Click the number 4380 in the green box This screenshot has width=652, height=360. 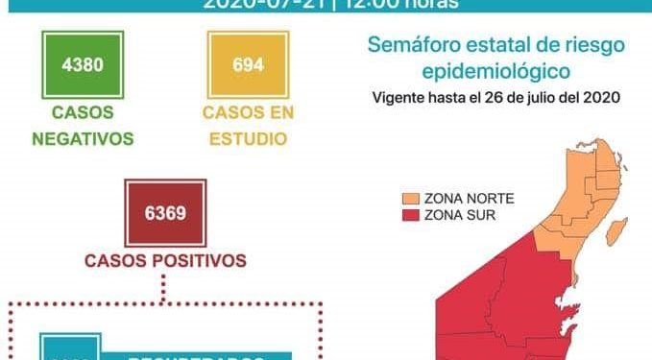tap(83, 66)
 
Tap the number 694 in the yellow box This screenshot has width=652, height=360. tap(248, 66)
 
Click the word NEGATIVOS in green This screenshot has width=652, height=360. tap(83, 137)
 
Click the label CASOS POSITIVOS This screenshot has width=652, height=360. tap(165, 259)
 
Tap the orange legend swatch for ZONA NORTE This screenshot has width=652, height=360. tap(410, 199)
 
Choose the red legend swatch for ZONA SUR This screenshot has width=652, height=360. tap(410, 215)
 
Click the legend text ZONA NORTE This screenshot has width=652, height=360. tap(470, 199)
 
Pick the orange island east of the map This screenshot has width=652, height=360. tap(618, 231)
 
